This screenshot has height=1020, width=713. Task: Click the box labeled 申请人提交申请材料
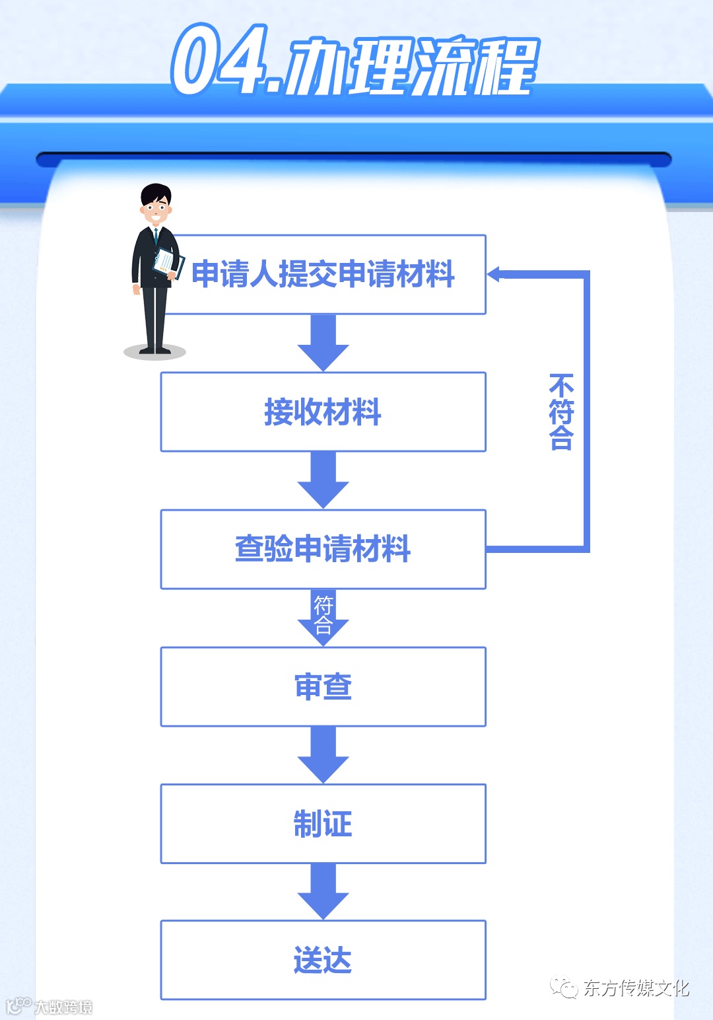coord(323,274)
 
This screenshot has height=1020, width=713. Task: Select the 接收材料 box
coord(323,412)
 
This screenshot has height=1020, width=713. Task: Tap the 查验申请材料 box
coord(323,549)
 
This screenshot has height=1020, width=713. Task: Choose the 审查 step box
coord(323,686)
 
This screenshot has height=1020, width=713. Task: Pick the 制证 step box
coord(323,824)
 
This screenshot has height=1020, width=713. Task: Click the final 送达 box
coord(323,960)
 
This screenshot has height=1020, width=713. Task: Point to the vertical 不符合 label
coord(561,412)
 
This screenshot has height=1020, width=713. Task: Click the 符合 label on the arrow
coord(323,614)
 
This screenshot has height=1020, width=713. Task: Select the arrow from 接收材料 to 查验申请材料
coord(323,479)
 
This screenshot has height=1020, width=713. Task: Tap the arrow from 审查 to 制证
coord(323,754)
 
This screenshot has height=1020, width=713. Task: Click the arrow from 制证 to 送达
coord(323,891)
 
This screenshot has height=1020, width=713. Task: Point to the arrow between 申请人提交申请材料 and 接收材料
coord(323,342)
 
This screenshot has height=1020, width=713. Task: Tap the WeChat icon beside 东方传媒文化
coord(564,987)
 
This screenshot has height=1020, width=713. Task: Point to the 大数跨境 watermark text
coord(63,1007)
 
